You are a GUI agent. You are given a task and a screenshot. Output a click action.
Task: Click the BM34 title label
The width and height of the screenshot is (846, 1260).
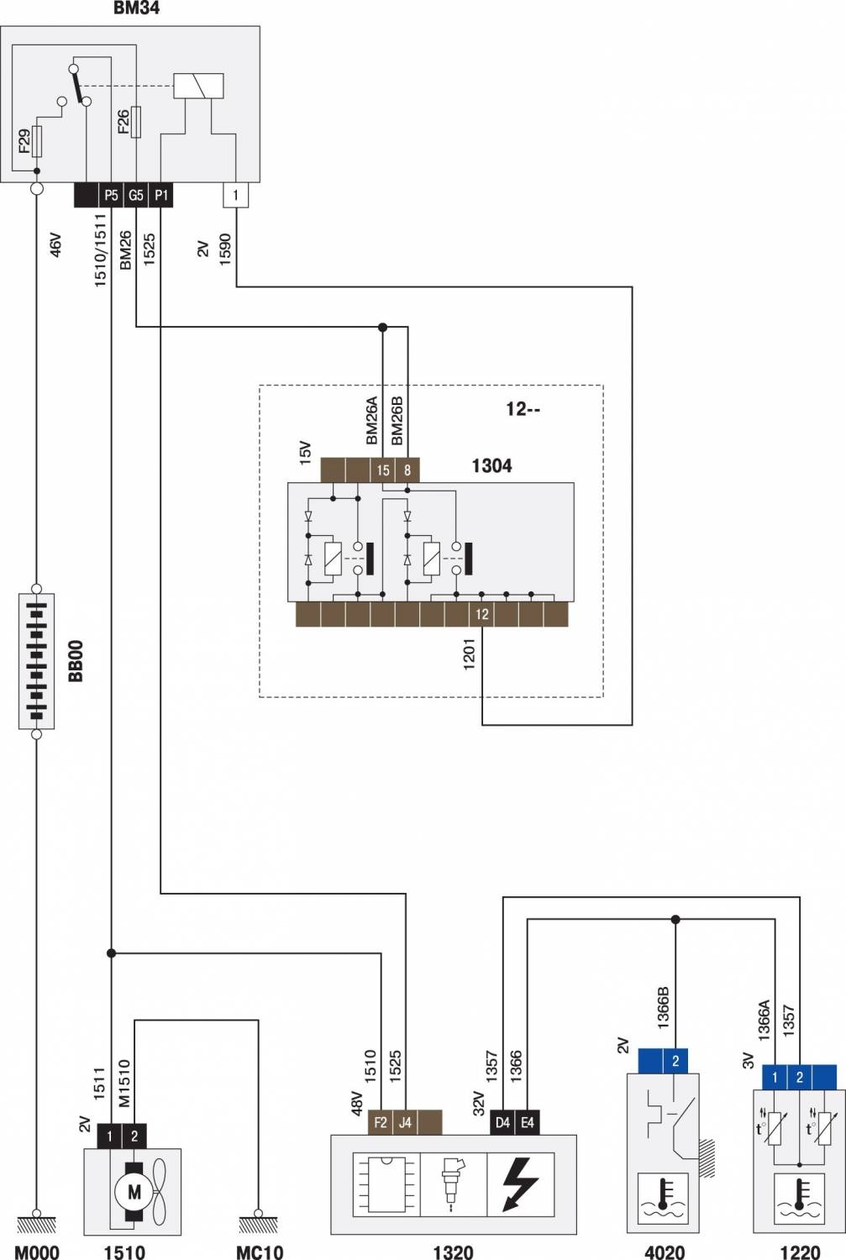pos(136,8)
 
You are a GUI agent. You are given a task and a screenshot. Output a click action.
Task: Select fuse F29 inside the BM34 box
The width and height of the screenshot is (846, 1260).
pos(37,141)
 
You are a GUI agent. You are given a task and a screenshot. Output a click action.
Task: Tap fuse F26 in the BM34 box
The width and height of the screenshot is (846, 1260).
pos(135,122)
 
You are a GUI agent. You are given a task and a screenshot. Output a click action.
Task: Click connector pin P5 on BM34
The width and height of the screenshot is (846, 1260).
pos(111,195)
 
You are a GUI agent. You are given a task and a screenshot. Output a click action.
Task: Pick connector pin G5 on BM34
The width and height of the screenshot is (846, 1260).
pos(135,195)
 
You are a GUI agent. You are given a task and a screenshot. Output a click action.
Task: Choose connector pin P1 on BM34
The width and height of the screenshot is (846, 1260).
pos(160,195)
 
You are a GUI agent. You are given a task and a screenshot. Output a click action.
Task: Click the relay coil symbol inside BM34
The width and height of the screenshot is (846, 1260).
pos(198,86)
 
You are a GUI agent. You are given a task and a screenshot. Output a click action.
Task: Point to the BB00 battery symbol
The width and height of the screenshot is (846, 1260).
pos(37,661)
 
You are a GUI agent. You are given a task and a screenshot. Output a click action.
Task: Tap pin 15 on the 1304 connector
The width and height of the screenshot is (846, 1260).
pos(383,470)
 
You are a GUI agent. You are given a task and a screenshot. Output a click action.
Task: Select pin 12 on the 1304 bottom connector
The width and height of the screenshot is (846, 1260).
pos(482,614)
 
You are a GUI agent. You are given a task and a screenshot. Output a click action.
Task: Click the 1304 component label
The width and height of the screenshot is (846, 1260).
pos(491,465)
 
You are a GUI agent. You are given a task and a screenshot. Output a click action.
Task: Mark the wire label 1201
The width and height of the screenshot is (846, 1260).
pos(470,654)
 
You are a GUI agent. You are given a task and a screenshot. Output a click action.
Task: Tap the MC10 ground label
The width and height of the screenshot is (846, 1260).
pos(260,1252)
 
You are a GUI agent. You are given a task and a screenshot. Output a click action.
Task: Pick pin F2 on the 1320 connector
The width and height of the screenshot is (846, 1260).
pos(381,1123)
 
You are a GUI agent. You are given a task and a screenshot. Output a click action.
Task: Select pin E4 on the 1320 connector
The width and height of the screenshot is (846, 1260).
pos(527,1123)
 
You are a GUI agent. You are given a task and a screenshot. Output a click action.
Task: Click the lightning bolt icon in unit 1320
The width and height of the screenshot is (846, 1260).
pos(520,1184)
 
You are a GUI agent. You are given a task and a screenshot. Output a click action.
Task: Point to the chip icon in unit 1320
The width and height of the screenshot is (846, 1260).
pos(386,1184)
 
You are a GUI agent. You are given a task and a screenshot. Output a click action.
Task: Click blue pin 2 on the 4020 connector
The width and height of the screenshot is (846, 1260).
pos(675,1061)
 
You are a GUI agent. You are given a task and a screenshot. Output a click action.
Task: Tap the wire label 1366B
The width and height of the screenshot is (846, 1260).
pos(664,1008)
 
